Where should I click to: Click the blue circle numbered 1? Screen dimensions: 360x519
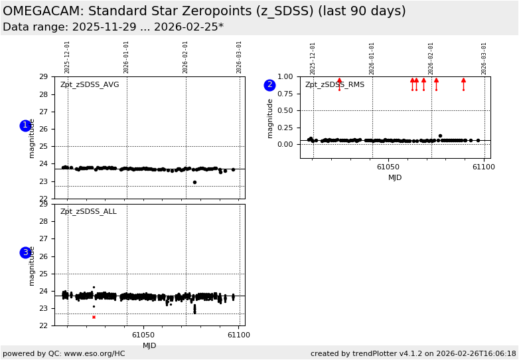25,126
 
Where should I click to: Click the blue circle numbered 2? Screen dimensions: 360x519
269,85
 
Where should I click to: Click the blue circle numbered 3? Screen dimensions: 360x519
25,252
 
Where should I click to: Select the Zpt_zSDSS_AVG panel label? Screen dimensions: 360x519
90,85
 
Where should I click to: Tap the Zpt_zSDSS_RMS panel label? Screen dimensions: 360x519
334,85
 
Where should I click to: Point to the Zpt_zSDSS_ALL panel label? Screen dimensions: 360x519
88,212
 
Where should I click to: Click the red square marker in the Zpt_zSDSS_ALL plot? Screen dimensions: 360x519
94,317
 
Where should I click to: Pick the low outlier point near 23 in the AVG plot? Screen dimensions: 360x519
194,182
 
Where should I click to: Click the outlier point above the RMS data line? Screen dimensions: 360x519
440,135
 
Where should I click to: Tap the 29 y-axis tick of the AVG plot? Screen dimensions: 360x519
43,77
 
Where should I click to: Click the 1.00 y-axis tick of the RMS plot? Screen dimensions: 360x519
284,77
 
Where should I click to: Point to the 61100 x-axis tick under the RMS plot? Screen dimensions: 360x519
483,167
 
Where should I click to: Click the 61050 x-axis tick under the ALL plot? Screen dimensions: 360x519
143,335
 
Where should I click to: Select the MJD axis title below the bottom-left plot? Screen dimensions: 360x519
149,346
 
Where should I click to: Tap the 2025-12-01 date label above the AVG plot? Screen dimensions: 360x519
68,57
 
